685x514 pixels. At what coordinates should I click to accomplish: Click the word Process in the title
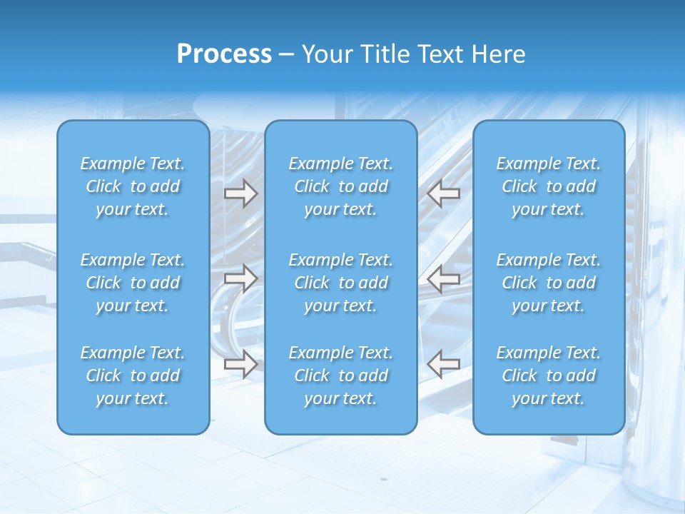click(x=224, y=54)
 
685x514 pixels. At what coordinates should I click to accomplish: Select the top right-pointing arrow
click(x=240, y=193)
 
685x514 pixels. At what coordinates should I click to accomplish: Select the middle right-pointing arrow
click(x=240, y=278)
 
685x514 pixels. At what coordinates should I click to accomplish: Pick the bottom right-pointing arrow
click(x=240, y=364)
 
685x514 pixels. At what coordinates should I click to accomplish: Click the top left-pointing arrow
click(x=444, y=193)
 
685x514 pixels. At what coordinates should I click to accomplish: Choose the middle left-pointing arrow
click(x=444, y=278)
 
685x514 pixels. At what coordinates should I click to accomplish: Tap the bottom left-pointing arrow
click(x=444, y=364)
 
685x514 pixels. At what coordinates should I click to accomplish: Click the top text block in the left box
click(x=133, y=186)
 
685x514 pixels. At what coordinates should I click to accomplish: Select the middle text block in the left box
click(x=133, y=283)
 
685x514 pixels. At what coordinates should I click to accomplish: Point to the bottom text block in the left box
click(x=133, y=376)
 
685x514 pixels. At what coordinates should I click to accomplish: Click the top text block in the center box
click(x=341, y=186)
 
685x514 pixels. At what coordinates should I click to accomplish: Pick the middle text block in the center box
click(x=341, y=283)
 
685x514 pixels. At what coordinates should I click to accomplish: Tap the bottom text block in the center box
click(x=341, y=376)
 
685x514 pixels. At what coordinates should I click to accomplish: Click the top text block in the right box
click(x=549, y=186)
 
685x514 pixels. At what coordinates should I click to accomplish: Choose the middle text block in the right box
click(x=549, y=283)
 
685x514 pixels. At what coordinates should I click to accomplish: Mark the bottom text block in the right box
click(x=549, y=376)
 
